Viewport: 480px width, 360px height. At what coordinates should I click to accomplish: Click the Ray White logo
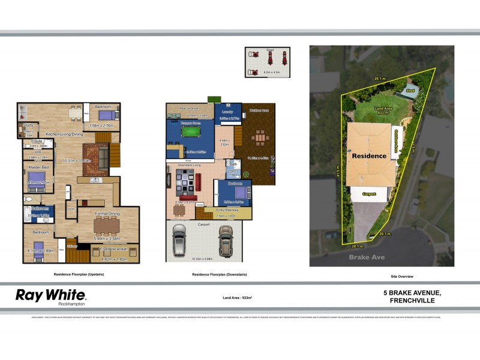tap(50, 295)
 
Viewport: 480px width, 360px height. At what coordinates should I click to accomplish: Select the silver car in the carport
tap(179, 241)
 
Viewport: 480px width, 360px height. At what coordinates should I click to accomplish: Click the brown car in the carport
tap(225, 240)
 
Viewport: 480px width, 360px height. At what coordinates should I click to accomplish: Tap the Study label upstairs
tap(28, 125)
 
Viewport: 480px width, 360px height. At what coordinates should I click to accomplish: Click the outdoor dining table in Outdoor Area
tap(259, 138)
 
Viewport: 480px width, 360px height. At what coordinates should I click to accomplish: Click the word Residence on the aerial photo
tap(369, 155)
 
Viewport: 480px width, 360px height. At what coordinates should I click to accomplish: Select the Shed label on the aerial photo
tap(410, 91)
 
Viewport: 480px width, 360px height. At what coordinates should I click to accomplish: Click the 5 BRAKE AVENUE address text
tap(412, 292)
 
